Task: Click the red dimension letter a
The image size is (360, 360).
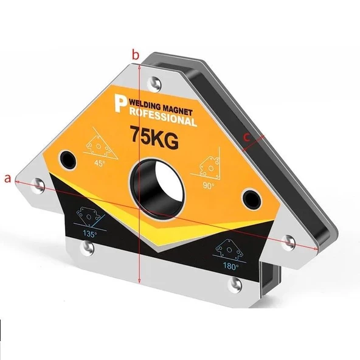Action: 7,179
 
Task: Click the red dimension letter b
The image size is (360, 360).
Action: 136,55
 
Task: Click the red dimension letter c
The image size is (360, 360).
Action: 246,137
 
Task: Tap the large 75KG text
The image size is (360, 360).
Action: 154,137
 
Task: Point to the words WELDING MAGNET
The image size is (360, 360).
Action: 161,108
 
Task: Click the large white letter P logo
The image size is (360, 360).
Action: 121,104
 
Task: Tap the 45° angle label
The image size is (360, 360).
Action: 100,163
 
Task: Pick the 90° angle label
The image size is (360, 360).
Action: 209,185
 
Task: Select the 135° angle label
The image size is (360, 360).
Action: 90,234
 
